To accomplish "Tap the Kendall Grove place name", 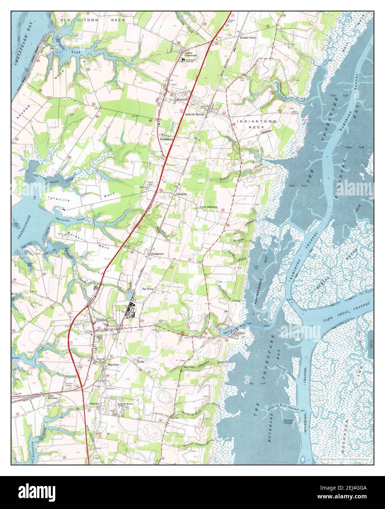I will click(248, 38).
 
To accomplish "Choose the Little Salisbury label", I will click(209, 207).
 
